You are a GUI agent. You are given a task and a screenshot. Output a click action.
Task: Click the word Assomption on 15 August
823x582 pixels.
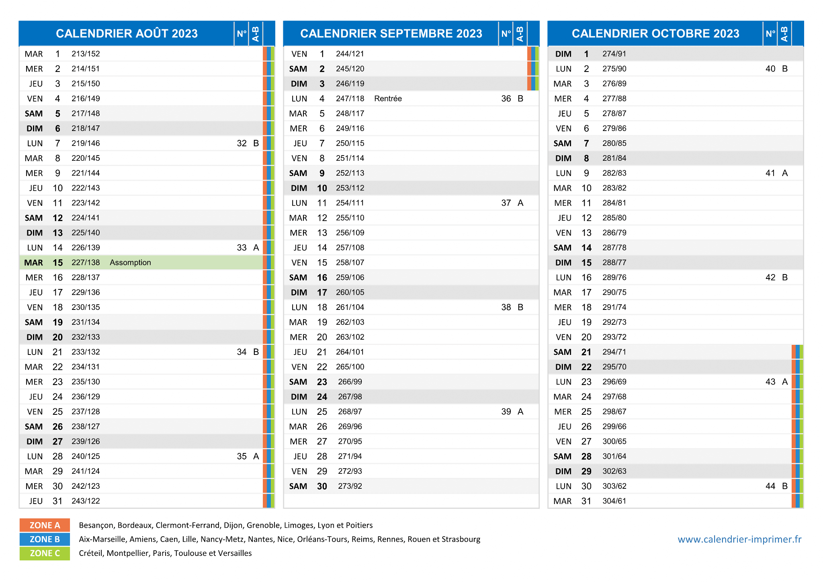coord(130,262)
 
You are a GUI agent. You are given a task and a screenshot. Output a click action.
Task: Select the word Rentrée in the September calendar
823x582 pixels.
coord(388,98)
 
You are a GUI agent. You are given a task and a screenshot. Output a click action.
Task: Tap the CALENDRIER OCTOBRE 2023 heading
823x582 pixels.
coord(655,33)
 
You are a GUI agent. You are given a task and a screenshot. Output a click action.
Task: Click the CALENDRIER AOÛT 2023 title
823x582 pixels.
coord(127,33)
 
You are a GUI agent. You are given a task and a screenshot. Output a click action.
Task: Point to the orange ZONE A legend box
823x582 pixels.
coord(45,525)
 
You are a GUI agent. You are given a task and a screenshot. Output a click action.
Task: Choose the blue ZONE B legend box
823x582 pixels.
coord(45,539)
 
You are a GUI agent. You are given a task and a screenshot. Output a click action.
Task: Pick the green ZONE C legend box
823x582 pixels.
coord(45,553)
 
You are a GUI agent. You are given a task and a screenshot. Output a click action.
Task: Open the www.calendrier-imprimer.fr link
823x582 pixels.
coord(739,539)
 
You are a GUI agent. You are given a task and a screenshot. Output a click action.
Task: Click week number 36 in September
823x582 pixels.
coord(506,98)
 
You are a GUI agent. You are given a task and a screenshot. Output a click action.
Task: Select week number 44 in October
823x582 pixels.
coord(770,486)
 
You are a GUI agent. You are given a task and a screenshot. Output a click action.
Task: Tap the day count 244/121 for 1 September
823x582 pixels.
coord(350,54)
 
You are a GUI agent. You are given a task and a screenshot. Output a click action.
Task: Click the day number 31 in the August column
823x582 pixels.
coord(57,501)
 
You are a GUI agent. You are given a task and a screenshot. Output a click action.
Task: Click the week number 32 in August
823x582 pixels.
coord(242,143)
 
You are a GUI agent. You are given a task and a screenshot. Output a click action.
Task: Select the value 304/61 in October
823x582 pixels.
coord(614,501)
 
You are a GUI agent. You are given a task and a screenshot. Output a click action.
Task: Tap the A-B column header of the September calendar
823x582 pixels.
coord(520,34)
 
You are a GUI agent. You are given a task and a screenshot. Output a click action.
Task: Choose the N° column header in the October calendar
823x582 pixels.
coord(770,33)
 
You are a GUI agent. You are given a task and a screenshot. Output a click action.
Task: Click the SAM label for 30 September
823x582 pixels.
coord(298,486)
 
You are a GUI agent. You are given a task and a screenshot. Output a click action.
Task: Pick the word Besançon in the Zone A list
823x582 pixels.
coord(96,525)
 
